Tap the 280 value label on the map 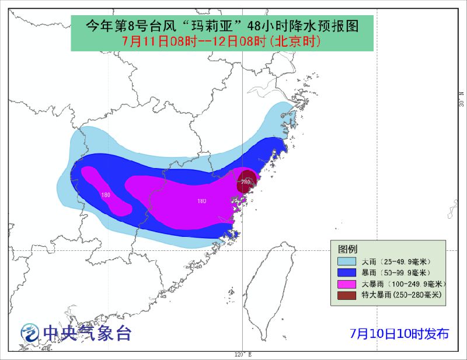click(245, 182)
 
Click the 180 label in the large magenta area click(201, 201)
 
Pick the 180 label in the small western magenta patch click(106, 195)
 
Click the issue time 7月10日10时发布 click(399, 334)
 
